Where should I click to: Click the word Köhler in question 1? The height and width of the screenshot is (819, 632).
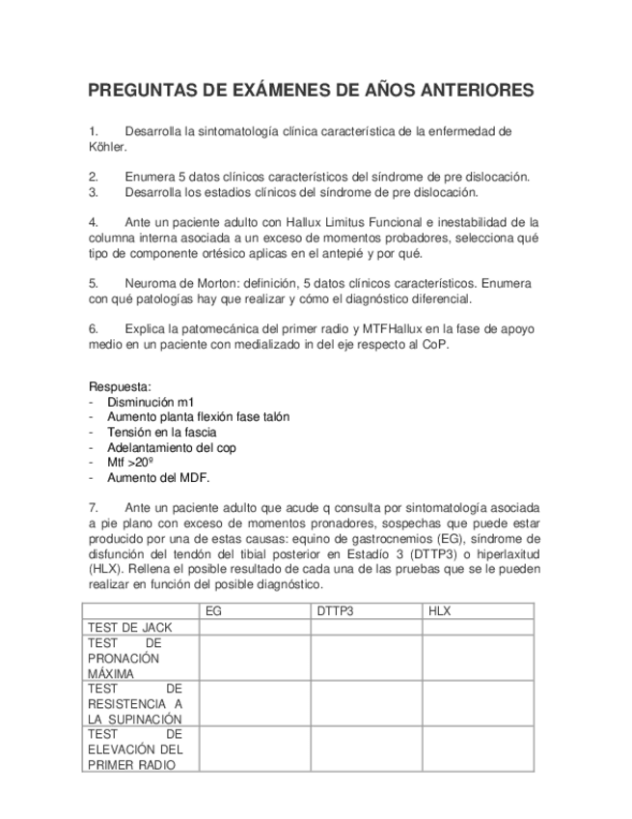[106, 148]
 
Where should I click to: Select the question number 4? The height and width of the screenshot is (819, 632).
[93, 222]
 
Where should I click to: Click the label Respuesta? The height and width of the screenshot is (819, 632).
[120, 386]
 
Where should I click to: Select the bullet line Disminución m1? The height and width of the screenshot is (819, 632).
[151, 402]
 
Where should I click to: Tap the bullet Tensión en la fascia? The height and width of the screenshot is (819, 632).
[161, 433]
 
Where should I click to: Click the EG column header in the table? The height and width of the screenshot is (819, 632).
[214, 611]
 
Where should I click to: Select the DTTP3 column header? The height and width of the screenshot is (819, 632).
[335, 611]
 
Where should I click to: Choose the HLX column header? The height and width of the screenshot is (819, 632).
[439, 611]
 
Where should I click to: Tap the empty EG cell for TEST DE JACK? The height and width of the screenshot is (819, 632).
[255, 627]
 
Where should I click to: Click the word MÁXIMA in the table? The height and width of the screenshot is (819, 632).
[110, 673]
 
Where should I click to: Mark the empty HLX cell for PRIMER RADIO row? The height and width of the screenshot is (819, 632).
[480, 749]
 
